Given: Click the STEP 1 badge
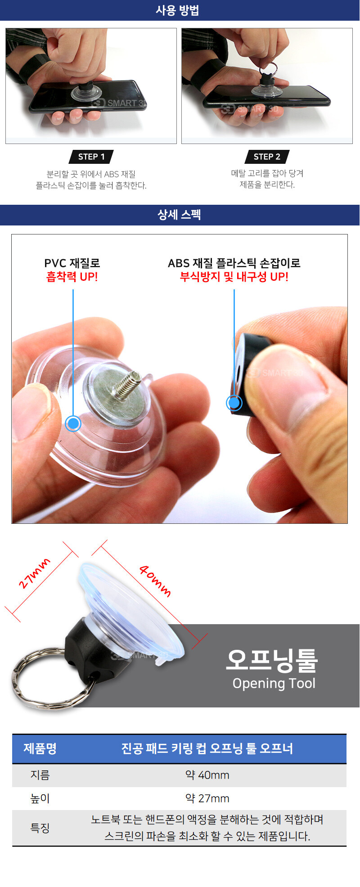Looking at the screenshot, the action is tap(91, 157).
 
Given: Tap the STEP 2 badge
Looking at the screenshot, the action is tap(267, 157).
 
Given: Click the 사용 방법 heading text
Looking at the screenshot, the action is tap(177, 10).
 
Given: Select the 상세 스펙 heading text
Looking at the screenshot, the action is tap(179, 215).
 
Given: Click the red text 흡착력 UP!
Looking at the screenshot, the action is tap(72, 277).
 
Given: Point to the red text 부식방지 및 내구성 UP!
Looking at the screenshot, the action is tap(234, 277).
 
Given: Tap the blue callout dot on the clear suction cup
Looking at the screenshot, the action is tap(73, 423).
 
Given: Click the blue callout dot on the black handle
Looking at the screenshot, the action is tap(234, 403).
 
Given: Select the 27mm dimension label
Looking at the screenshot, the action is tap(34, 573).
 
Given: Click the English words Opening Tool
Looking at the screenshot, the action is tap(274, 683).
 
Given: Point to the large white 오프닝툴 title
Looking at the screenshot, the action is tap(272, 660).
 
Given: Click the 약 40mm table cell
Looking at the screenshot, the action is tap(207, 775).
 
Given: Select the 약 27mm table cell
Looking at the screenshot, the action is tap(207, 798).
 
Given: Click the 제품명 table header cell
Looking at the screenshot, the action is tap(40, 748).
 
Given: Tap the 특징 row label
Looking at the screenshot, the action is tap(40, 828).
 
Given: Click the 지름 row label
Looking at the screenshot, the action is tap(40, 775).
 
